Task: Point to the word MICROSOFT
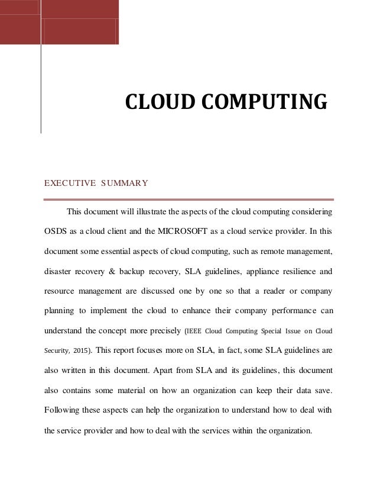click(185, 231)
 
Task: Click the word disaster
click(58, 272)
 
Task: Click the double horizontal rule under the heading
click(189, 200)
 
